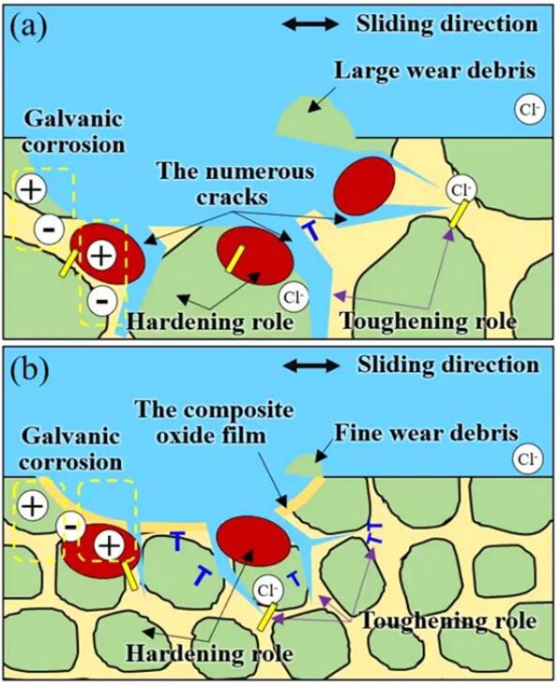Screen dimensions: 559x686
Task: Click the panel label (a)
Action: (x=28, y=27)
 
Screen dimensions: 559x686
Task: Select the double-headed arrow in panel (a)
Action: (x=310, y=24)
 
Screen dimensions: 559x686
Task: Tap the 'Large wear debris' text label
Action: (x=434, y=70)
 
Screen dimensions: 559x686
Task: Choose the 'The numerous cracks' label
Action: (x=235, y=184)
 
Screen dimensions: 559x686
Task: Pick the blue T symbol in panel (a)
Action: (x=311, y=231)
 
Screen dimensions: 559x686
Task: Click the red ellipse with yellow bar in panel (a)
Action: (x=255, y=256)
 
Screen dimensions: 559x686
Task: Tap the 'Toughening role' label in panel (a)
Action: (x=429, y=321)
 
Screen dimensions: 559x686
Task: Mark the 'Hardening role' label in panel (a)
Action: (x=210, y=321)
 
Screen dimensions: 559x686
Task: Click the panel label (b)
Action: (x=29, y=371)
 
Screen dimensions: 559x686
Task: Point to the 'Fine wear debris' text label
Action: (x=427, y=433)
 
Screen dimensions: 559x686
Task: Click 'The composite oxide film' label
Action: (x=214, y=423)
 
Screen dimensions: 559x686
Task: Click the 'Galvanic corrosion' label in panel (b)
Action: (x=70, y=449)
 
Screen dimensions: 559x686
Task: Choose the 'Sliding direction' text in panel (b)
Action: (x=447, y=365)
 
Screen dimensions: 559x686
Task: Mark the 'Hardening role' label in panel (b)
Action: (x=209, y=653)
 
